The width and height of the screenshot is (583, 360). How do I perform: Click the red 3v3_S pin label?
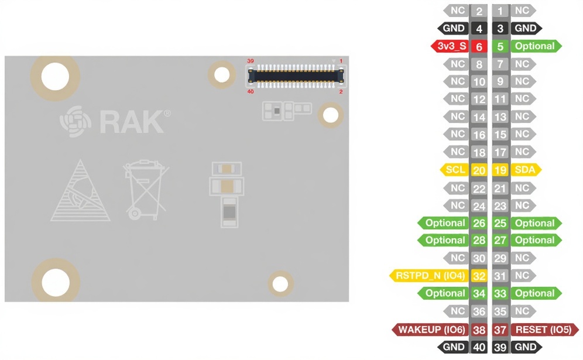pyautogui.click(x=450, y=46)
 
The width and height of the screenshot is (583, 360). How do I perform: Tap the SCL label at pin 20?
pyautogui.click(x=455, y=170)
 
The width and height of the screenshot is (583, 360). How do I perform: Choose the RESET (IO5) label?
pyautogui.click(x=543, y=330)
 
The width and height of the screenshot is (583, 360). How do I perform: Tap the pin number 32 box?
pyautogui.click(x=479, y=276)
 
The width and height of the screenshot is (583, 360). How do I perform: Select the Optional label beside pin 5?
pyautogui.click(x=534, y=46)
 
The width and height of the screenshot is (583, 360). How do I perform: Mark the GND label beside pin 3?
pyautogui.click(x=524, y=28)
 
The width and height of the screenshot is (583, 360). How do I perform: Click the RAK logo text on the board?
pyautogui.click(x=131, y=122)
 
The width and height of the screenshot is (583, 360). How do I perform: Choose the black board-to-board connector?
pyautogui.click(x=296, y=75)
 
